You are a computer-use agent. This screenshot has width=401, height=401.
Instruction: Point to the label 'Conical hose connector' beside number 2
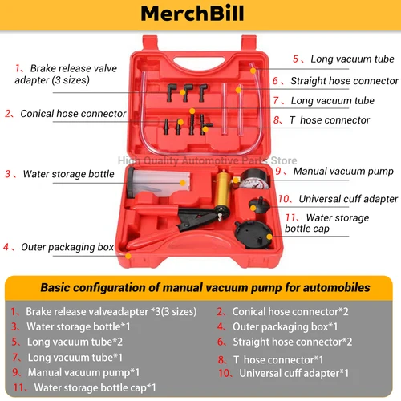(72, 114)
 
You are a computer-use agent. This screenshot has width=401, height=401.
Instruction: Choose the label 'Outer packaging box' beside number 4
(67, 248)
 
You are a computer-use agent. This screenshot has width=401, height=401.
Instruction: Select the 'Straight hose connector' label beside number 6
(344, 81)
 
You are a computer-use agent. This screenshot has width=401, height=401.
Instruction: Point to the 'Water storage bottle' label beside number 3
(69, 174)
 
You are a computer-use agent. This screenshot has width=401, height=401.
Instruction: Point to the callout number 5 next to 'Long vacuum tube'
(296, 59)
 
